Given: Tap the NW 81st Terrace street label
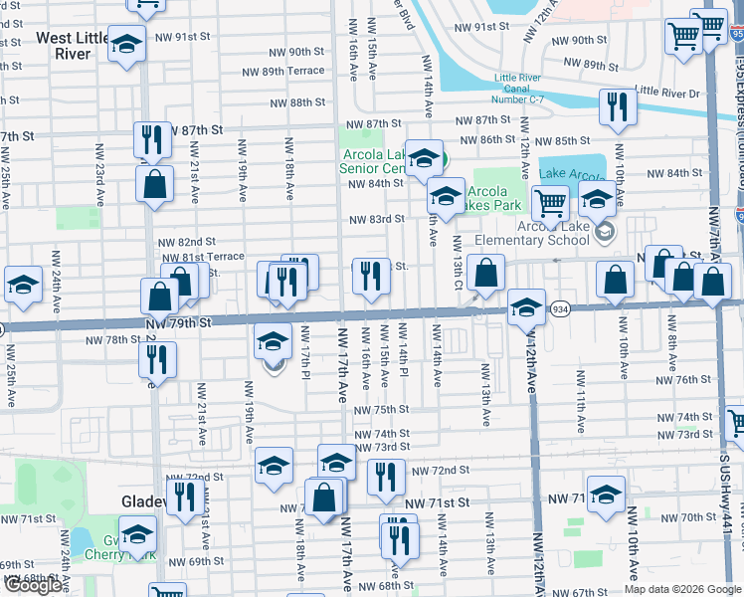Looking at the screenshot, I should [203, 256].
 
